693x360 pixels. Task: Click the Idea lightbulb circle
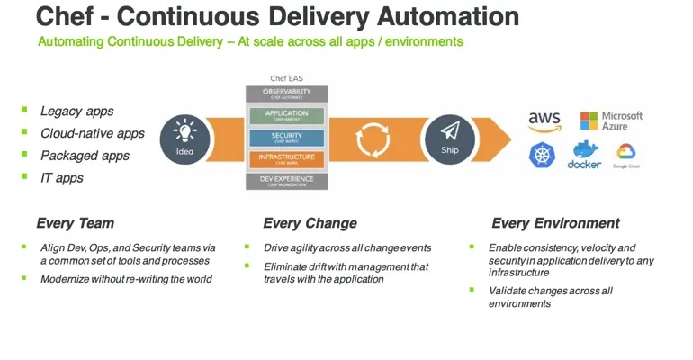[184, 139]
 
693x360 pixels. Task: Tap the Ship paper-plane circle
[448, 139]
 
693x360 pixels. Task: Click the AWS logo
[544, 121]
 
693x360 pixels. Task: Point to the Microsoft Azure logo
[612, 121]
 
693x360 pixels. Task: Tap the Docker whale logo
[584, 154]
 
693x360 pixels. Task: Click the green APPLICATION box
[287, 116]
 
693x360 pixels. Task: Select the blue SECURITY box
[287, 138]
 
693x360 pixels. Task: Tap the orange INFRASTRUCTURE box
[287, 159]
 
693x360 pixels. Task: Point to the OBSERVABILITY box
[287, 94]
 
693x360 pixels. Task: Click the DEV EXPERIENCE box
[287, 181]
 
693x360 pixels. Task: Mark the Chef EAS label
[287, 78]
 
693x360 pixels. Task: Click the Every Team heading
[75, 223]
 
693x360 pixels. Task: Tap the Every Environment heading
[555, 223]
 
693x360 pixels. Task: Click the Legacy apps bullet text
[76, 111]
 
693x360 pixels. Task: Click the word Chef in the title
[64, 16]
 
